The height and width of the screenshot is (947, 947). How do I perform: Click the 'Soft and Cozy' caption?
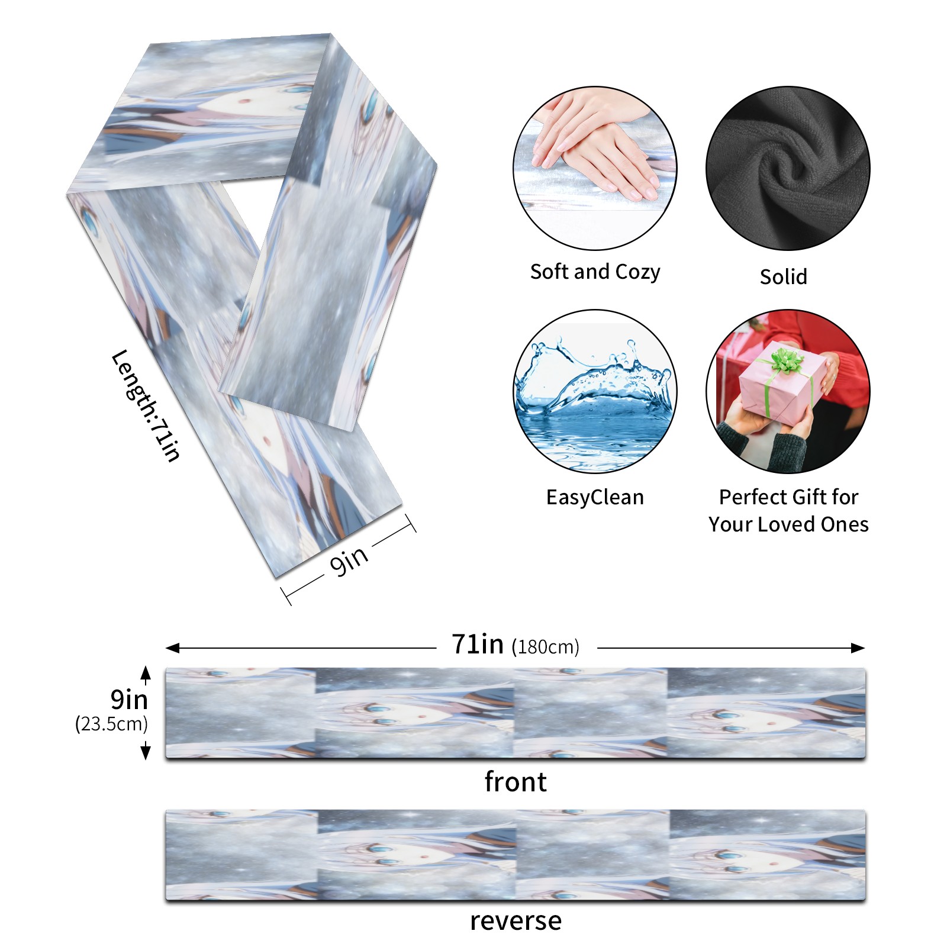[x=595, y=272]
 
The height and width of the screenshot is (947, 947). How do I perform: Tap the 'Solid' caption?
[x=783, y=276]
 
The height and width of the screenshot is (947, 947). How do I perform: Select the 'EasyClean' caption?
[x=595, y=497]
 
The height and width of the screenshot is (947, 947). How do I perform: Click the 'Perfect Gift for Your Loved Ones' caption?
[x=788, y=510]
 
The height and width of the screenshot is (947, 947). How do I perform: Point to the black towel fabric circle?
[x=788, y=168]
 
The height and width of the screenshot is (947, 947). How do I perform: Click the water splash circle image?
[x=595, y=391]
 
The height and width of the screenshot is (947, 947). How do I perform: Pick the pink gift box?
[x=781, y=385]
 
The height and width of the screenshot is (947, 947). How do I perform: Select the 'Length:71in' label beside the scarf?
[x=146, y=406]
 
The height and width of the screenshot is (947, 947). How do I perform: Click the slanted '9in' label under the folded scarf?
[x=349, y=560]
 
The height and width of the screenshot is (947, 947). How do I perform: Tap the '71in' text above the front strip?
[x=478, y=644]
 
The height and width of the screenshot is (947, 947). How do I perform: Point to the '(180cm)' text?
[x=545, y=647]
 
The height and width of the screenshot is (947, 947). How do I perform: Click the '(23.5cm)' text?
[x=111, y=723]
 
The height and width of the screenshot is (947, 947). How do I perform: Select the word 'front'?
[x=515, y=781]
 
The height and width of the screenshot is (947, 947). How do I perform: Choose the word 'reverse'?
[x=515, y=921]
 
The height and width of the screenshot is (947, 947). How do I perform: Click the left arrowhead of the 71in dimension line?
[x=172, y=648]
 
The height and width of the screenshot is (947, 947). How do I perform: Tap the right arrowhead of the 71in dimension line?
[x=859, y=648]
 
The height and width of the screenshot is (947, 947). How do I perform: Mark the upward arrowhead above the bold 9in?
[x=146, y=672]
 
